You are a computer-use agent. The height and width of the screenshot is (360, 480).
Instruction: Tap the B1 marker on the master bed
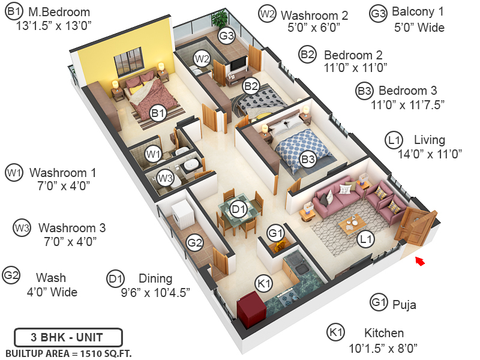(x=158, y=113)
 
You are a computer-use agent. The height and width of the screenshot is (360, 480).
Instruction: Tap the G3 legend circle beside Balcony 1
(x=378, y=14)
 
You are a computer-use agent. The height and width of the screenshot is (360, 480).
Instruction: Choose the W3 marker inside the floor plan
(x=166, y=178)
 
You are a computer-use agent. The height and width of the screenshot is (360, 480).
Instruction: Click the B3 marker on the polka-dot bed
(x=308, y=160)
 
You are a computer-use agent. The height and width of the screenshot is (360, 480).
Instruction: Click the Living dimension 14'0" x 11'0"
(x=430, y=154)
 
